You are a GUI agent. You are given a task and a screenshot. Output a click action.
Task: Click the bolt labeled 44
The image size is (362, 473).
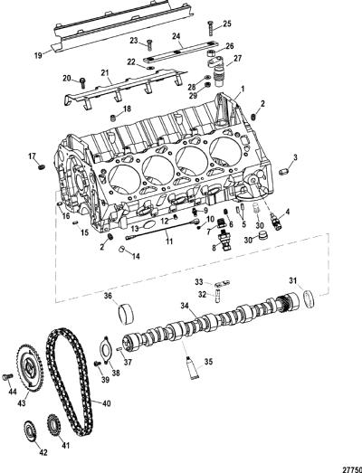pos(7,376)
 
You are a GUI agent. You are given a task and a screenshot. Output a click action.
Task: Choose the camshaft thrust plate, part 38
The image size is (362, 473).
pos(105,351)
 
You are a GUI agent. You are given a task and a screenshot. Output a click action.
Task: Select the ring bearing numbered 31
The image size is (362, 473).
pos(309,298)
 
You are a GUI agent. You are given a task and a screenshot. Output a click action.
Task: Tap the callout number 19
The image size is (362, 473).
pos(38,56)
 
